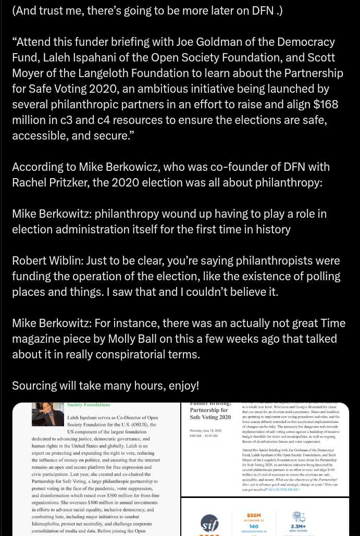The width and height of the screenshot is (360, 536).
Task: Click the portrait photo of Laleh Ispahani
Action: click(47, 415)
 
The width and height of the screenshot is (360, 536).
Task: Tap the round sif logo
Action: click(209, 522)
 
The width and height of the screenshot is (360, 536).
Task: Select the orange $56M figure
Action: click(254, 516)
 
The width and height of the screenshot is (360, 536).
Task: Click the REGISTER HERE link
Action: click(284, 490)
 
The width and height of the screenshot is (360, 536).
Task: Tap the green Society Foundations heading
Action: click(89, 405)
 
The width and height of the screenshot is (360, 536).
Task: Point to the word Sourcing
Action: click(34, 385)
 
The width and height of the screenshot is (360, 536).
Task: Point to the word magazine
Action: click(37, 339)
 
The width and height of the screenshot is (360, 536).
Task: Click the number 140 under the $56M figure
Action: click(254, 527)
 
